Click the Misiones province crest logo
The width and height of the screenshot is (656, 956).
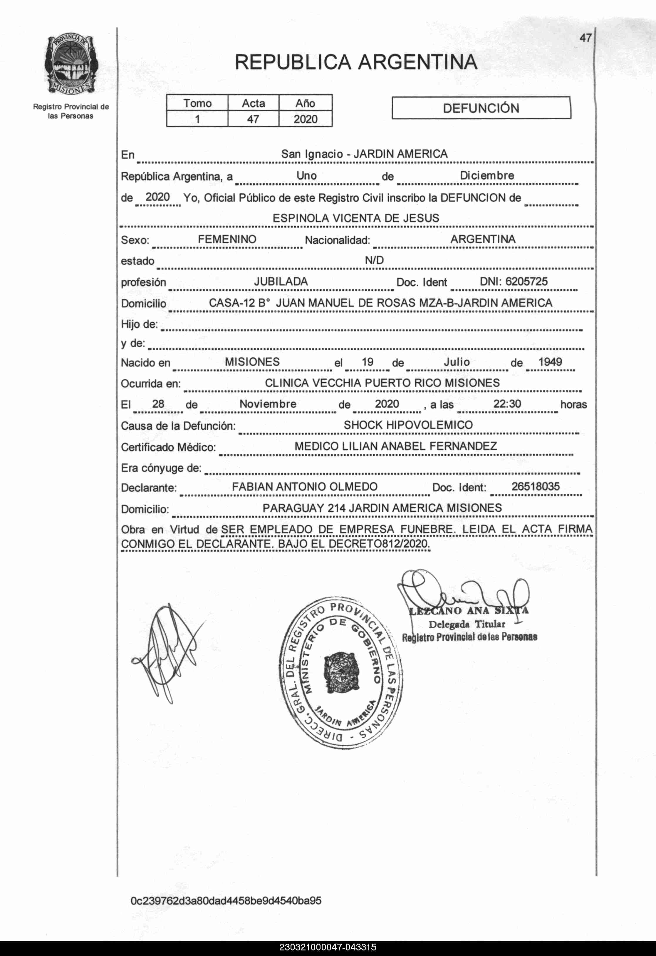[71, 65]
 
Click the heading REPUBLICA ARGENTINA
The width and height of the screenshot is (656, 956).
[356, 63]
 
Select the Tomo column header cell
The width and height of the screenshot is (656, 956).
[197, 103]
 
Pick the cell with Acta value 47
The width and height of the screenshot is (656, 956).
[253, 119]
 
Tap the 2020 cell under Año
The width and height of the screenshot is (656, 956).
[305, 119]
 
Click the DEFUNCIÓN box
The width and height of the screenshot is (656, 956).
[481, 108]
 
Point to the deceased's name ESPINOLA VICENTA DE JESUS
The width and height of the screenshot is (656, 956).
[356, 218]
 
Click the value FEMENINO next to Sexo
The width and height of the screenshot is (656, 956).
[227, 240]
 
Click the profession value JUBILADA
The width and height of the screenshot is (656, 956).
[281, 282]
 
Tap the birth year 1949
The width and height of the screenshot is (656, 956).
[550, 362]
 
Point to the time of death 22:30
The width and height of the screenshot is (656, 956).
[507, 404]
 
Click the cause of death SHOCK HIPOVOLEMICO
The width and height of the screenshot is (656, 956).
[408, 425]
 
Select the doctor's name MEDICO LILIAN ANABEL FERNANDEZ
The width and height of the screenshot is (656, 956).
[396, 446]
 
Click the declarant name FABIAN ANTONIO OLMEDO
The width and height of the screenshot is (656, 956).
[304, 487]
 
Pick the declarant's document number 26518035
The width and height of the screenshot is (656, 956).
[536, 487]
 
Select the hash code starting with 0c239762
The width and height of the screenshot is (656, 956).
[226, 901]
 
